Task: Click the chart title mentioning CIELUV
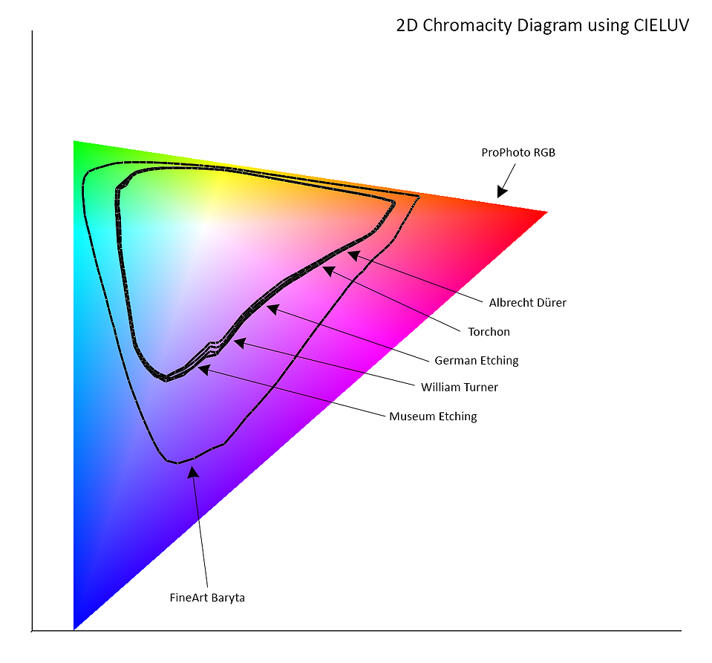(542, 25)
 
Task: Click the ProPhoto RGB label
(518, 153)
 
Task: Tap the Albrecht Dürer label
(528, 303)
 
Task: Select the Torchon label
(489, 332)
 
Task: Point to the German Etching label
(477, 361)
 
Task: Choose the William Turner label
(460, 388)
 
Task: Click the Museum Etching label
(433, 417)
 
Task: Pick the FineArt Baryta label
(207, 598)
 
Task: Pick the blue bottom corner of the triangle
(74, 629)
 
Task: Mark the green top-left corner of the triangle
(74, 142)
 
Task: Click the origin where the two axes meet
(32, 631)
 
